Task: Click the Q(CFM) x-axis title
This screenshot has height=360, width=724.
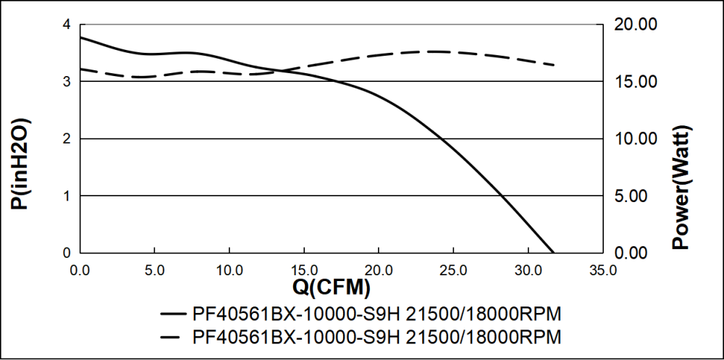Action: click(x=331, y=288)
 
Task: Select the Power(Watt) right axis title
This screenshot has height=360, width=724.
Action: click(x=681, y=187)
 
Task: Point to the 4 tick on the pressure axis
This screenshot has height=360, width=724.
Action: click(x=67, y=25)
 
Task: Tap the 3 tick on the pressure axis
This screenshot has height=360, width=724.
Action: click(x=67, y=82)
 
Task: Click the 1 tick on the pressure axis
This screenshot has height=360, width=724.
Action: click(x=67, y=196)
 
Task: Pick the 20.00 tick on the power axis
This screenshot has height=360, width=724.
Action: click(x=636, y=25)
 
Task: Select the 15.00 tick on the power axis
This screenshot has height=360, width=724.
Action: click(x=636, y=82)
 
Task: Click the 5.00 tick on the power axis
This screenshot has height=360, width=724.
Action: click(x=636, y=196)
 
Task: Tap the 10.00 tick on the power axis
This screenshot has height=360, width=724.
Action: click(x=636, y=139)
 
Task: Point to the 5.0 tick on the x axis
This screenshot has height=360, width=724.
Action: click(x=155, y=270)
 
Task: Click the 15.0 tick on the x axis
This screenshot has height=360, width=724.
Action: click(x=304, y=270)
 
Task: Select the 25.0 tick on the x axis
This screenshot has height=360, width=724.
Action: click(x=453, y=270)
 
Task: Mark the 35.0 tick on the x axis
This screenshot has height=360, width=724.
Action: click(x=602, y=270)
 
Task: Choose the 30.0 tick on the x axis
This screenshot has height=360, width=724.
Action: click(x=528, y=270)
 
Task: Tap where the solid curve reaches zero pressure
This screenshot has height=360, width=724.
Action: click(x=554, y=252)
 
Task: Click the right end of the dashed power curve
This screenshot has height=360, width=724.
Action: click(x=554, y=65)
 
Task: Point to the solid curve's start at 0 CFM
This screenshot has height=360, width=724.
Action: click(x=81, y=37)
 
